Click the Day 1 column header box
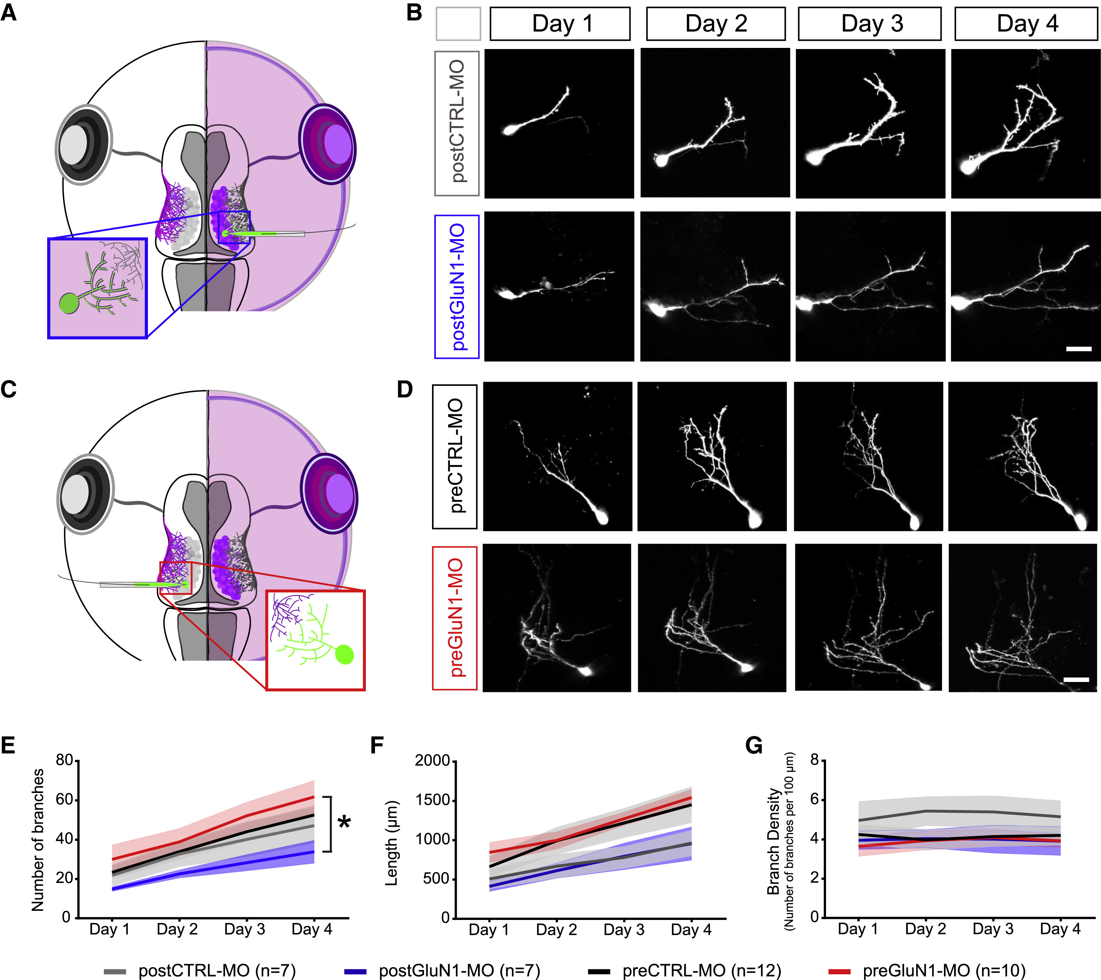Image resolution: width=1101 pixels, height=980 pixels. (560, 24)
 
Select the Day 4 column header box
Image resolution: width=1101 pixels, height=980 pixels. (1026, 24)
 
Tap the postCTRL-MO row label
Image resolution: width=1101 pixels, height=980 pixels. (457, 123)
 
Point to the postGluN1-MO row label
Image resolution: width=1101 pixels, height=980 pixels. (457, 287)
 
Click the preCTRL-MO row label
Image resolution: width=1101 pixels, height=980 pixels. (454, 457)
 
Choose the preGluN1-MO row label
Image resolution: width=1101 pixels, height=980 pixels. (454, 618)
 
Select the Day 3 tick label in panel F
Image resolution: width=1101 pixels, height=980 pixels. (624, 930)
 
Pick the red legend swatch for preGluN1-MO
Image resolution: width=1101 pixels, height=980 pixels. (839, 971)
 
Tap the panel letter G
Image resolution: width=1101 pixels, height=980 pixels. (753, 746)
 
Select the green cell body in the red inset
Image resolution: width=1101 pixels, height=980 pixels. (344, 655)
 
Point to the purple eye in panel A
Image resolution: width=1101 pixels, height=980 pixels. (327, 144)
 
